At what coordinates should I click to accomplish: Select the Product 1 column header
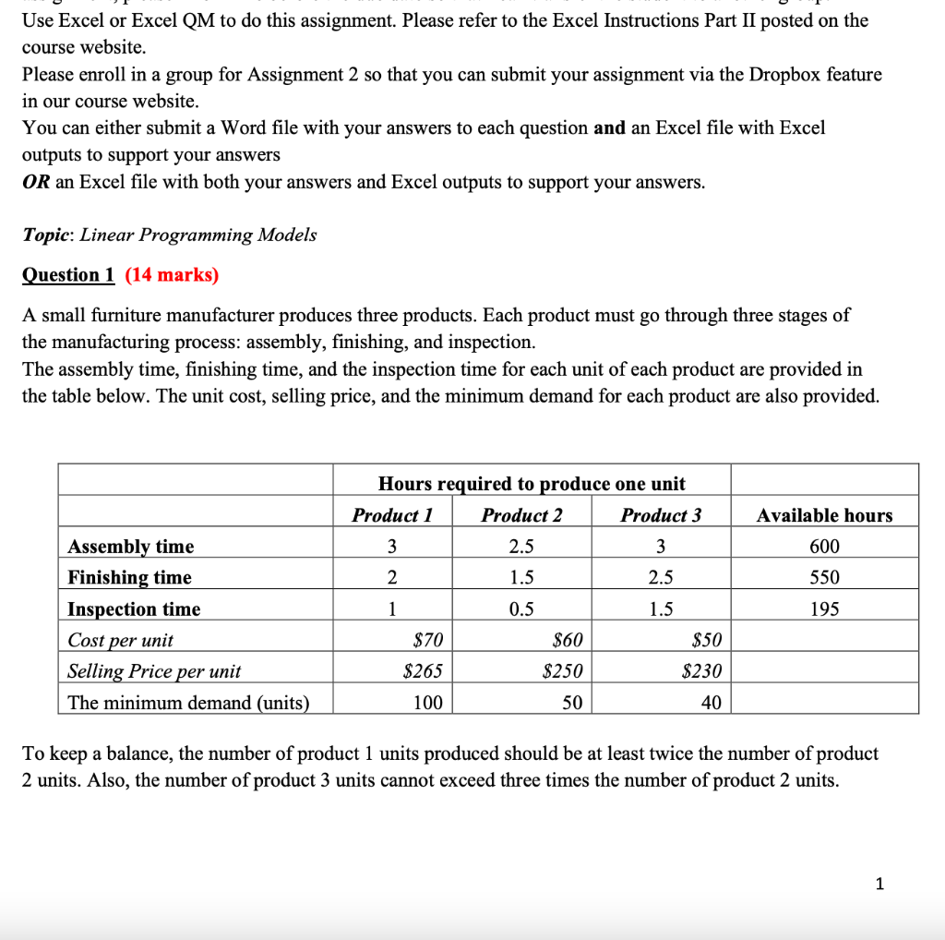pyautogui.click(x=392, y=515)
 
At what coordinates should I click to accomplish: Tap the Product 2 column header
pyautogui.click(x=521, y=515)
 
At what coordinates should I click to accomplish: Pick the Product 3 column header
pyautogui.click(x=661, y=515)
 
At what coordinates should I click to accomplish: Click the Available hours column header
pyautogui.click(x=824, y=515)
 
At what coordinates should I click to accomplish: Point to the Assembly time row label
pyautogui.click(x=131, y=547)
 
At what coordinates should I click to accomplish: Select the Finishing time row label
pyautogui.click(x=130, y=578)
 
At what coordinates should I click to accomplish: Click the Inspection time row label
pyautogui.click(x=134, y=609)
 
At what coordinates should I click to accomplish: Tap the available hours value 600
pyautogui.click(x=824, y=547)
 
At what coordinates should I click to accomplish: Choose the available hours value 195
pyautogui.click(x=824, y=609)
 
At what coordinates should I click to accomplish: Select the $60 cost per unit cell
pyautogui.click(x=566, y=640)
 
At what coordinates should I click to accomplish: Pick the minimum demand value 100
pyautogui.click(x=427, y=703)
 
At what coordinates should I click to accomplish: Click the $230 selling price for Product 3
pyautogui.click(x=701, y=671)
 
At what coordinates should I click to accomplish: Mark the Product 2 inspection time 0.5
pyautogui.click(x=521, y=609)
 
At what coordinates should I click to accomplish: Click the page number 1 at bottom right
pyautogui.click(x=879, y=885)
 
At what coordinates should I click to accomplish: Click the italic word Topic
pyautogui.click(x=47, y=235)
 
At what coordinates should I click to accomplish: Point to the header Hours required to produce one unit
pyautogui.click(x=532, y=484)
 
